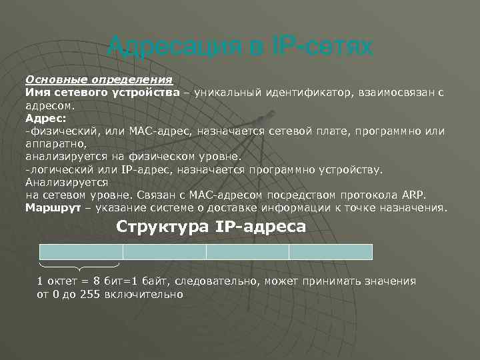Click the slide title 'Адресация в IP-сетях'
coord(241,47)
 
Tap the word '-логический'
coord(55,169)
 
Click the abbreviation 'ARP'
coord(412,195)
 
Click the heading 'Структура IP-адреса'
coord(211,227)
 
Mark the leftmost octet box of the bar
coord(82,252)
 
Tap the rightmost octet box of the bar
coord(331,252)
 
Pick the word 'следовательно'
coord(214,281)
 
